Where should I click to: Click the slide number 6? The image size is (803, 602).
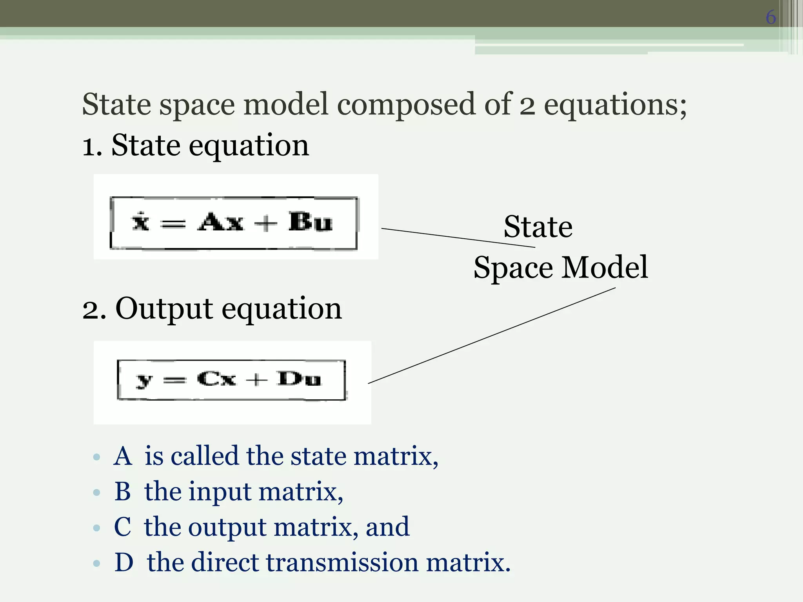pyautogui.click(x=770, y=17)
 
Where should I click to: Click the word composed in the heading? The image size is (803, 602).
pyautogui.click(x=406, y=105)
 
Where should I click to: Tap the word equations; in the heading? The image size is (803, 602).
pyautogui.click(x=615, y=105)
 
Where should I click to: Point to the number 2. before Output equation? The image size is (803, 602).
pyautogui.click(x=94, y=310)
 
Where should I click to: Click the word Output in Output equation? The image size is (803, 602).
pyautogui.click(x=164, y=309)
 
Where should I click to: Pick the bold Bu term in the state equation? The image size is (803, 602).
pyautogui.click(x=310, y=222)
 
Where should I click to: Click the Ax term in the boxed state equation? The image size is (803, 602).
pyautogui.click(x=220, y=222)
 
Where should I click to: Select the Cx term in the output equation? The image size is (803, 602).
pyautogui.click(x=216, y=379)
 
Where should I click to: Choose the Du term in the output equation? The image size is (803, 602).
pyautogui.click(x=299, y=379)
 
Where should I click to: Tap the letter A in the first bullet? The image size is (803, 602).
pyautogui.click(x=122, y=457)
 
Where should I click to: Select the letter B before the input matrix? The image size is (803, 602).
pyautogui.click(x=122, y=491)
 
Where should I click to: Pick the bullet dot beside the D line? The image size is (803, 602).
pyautogui.click(x=97, y=564)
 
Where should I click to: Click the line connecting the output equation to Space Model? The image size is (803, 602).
pyautogui.click(x=492, y=335)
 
